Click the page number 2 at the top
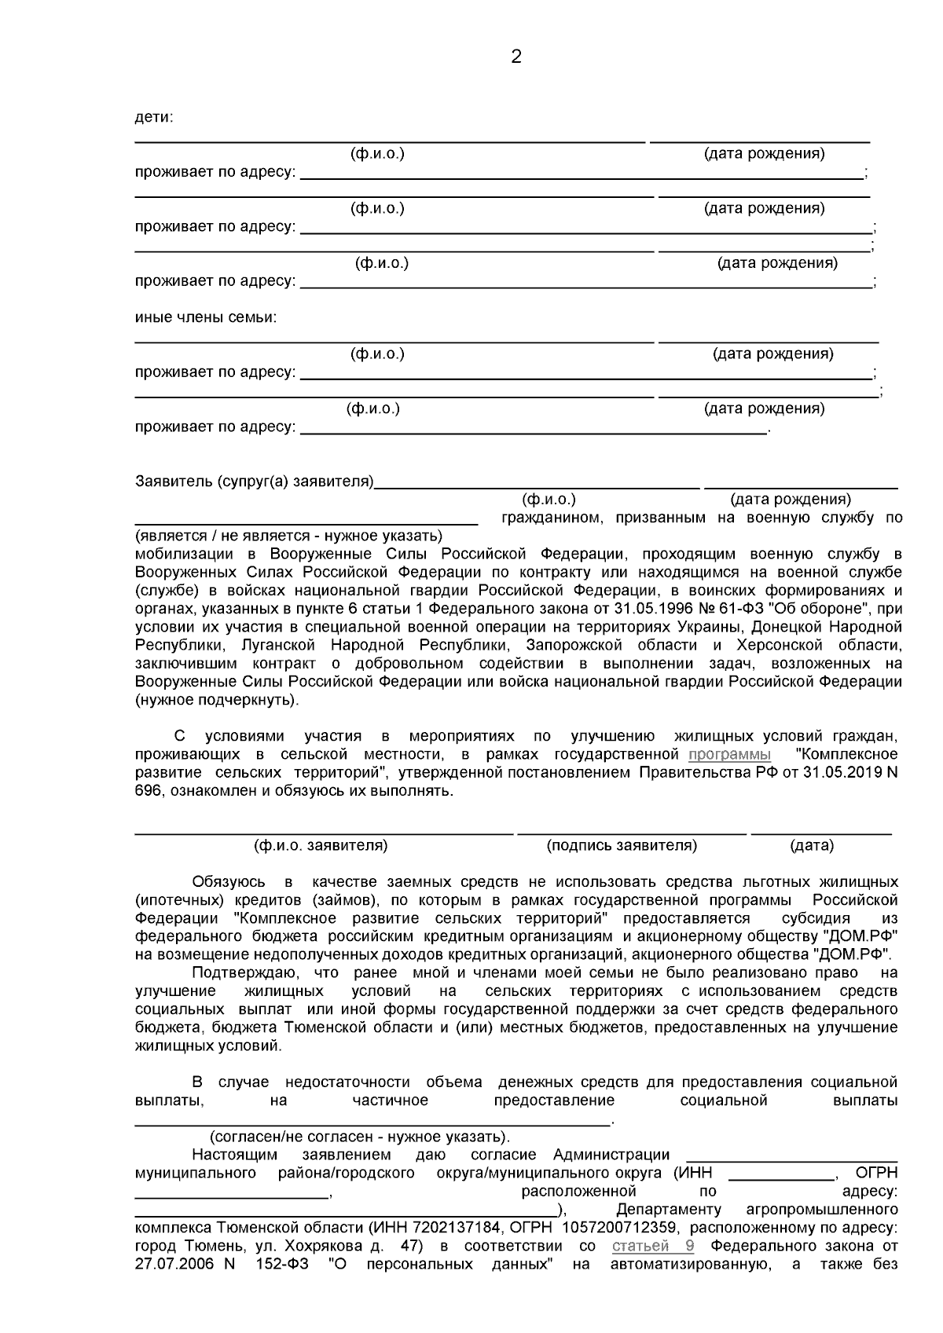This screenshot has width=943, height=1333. tap(516, 57)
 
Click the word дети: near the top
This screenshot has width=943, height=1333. tap(154, 117)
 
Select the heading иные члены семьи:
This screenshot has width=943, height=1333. tap(206, 317)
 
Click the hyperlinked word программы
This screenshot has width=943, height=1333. tap(729, 754)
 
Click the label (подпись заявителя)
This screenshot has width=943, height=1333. tap(622, 845)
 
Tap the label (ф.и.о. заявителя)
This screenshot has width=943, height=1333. tap(321, 845)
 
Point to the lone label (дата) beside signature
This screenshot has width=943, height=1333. tap(812, 845)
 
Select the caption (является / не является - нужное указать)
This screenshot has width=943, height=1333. tap(289, 536)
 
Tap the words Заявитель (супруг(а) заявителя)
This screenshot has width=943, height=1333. tap(254, 481)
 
